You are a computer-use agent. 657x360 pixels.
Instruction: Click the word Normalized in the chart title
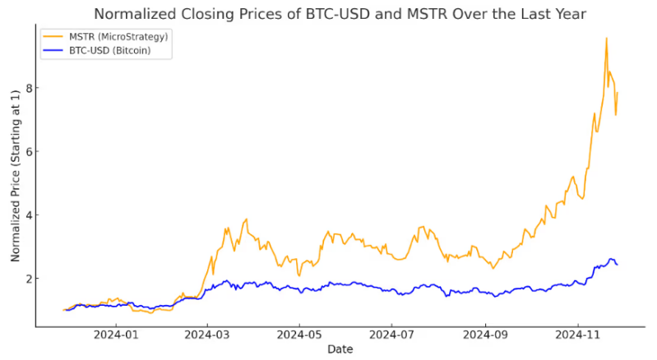[131, 14]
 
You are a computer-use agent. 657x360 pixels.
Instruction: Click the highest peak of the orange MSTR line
[606, 38]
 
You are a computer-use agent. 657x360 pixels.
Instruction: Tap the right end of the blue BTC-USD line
[618, 264]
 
